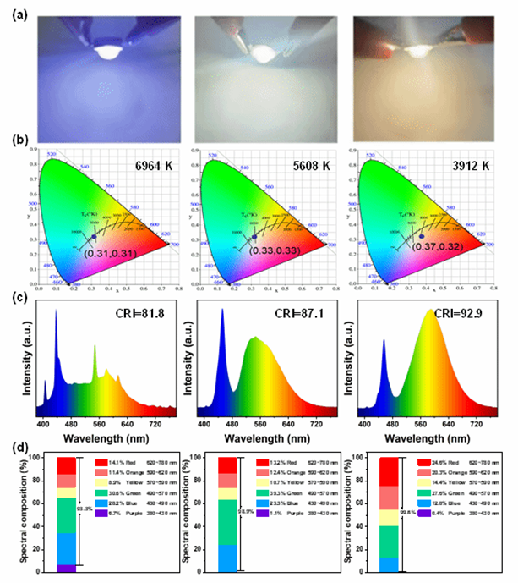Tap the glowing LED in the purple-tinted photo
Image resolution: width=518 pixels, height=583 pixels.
click(x=106, y=52)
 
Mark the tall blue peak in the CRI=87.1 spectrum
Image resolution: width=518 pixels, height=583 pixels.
click(x=221, y=338)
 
